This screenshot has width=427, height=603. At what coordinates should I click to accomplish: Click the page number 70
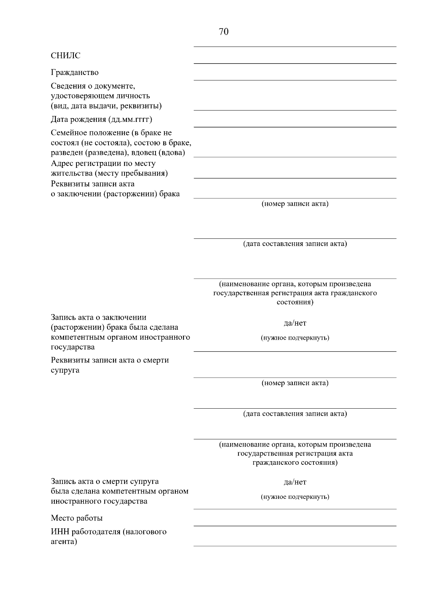pos(224,32)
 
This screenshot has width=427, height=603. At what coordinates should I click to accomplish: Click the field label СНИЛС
pos(65,56)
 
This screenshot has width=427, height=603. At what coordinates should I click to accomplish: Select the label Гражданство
pos(75,72)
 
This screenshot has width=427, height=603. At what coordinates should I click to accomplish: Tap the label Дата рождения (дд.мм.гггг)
pos(101,119)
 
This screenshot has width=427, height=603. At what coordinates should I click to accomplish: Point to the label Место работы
pos(77,518)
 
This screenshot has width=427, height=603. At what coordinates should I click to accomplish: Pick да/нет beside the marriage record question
pos(295,323)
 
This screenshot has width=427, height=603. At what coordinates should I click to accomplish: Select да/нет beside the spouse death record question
pos(295,482)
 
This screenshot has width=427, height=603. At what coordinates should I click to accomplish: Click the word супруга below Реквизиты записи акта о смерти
pos(65,370)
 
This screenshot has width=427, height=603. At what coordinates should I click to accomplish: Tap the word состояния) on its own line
pos(295,302)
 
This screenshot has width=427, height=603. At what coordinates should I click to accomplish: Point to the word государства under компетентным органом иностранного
pos(73,347)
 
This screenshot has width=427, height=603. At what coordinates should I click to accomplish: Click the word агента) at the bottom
pos(64,542)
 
